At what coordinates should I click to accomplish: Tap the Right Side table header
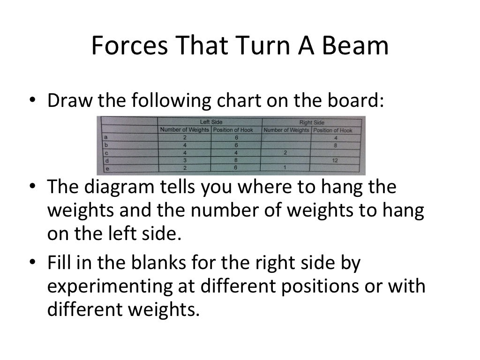coord(312,122)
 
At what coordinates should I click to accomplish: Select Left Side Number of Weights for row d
coord(185,160)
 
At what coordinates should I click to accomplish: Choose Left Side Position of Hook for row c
coord(236,152)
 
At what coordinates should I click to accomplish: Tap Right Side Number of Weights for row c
coord(285,153)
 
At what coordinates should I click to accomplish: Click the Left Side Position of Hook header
coord(233,130)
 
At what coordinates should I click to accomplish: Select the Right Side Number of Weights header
coord(286,130)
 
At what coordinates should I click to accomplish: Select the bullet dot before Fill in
coord(32,264)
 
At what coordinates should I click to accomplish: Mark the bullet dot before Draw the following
coord(32,101)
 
